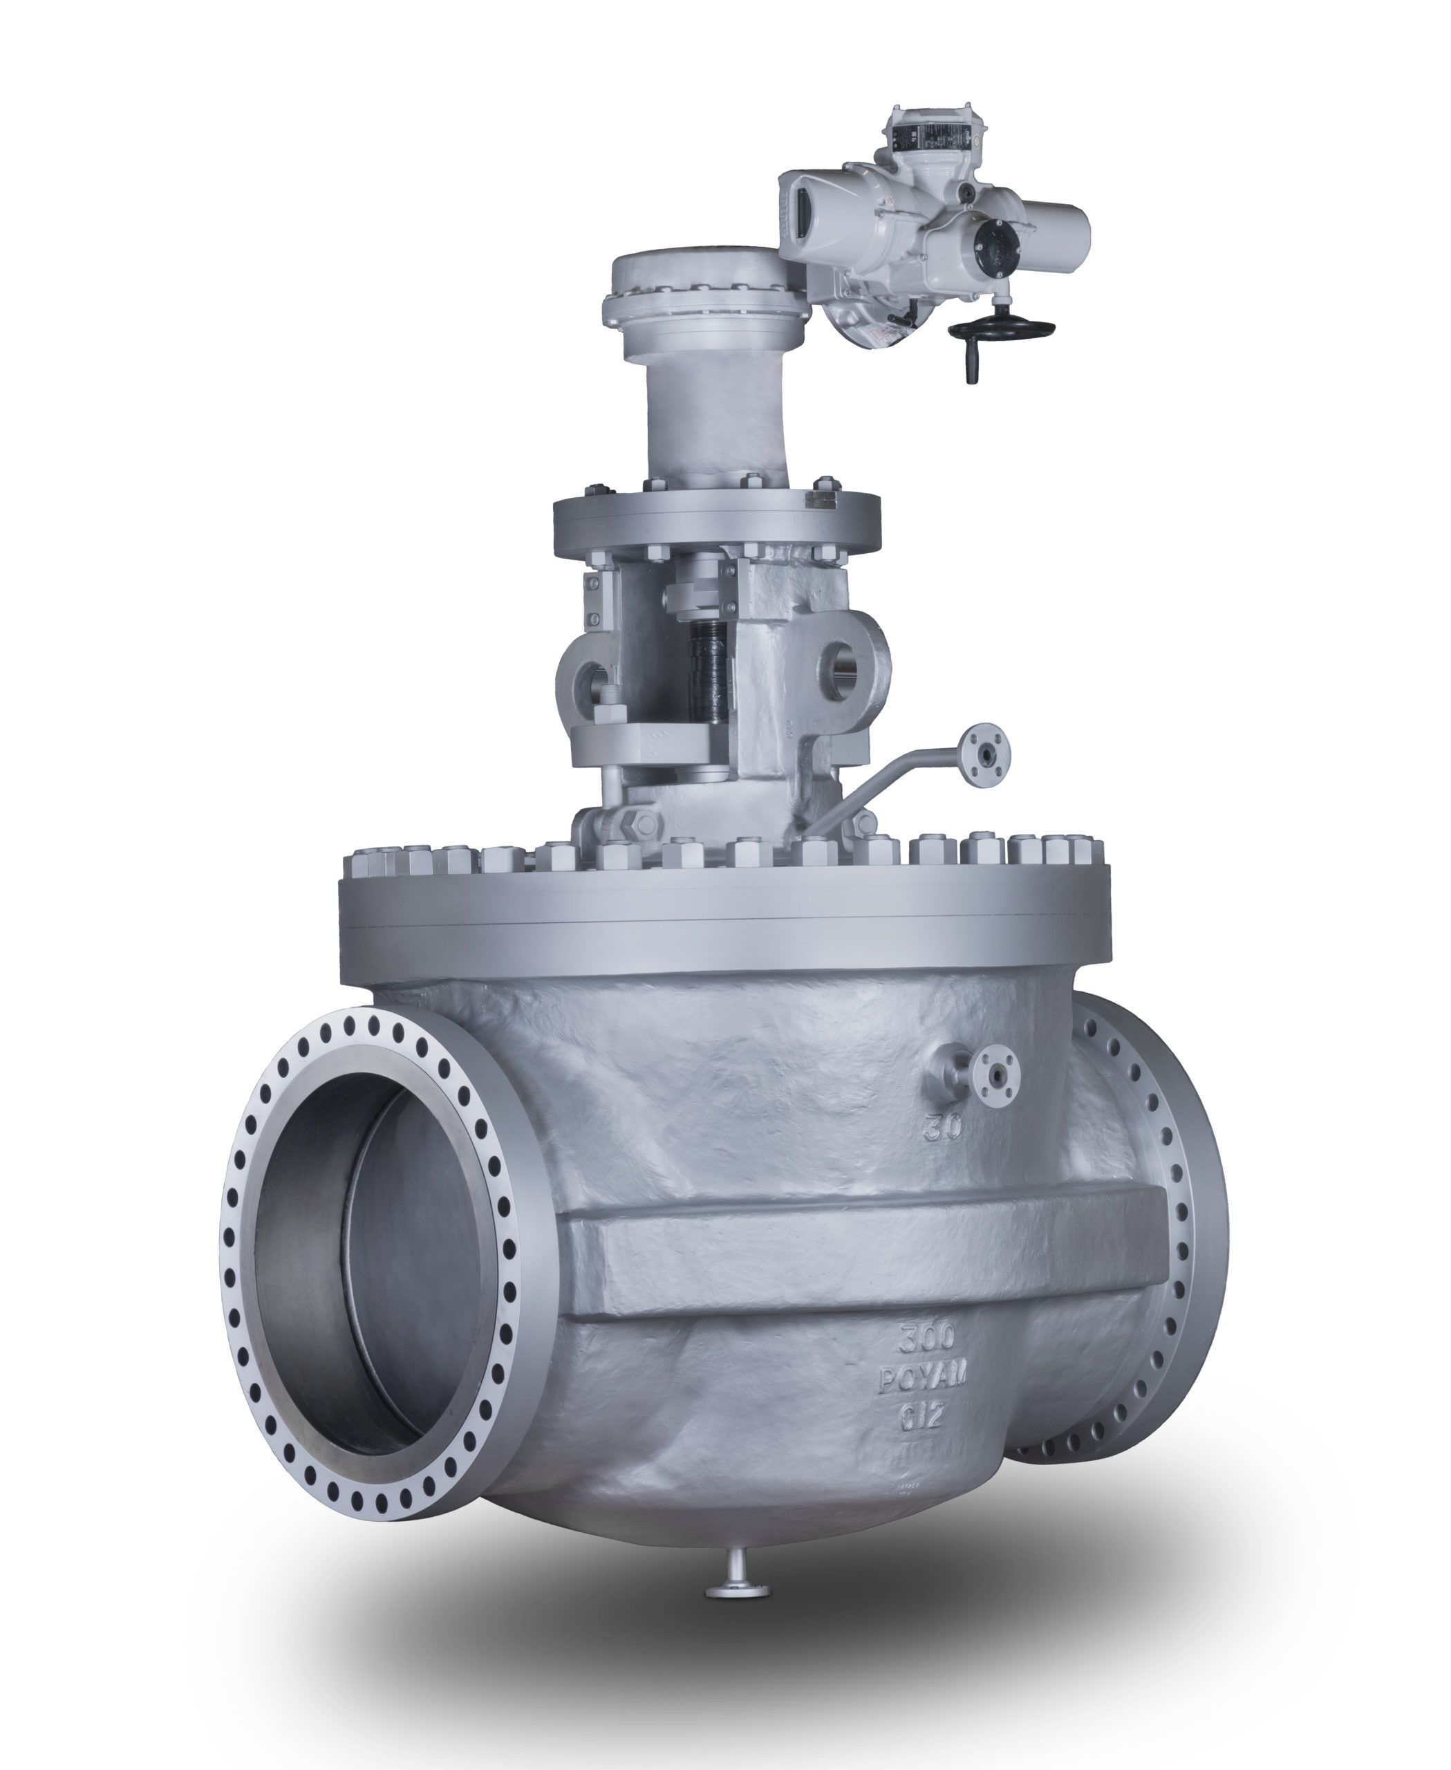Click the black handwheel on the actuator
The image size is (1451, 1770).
[x=1002, y=327]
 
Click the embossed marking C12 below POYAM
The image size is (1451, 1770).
[x=921, y=1418]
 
